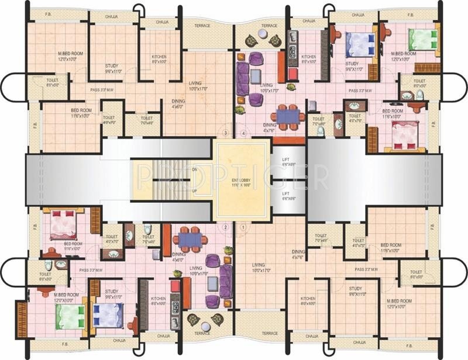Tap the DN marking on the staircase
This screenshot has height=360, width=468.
[x=194, y=169]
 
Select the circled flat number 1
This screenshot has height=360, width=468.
[x=243, y=227]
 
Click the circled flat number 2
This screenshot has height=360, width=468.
[x=225, y=227]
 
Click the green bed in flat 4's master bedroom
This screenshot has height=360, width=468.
[x=423, y=39]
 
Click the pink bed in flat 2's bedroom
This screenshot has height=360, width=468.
[x=63, y=224]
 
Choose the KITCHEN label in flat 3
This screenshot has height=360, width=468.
[x=159, y=58]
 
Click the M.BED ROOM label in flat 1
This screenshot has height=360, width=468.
[x=397, y=303]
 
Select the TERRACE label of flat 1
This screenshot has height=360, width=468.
[x=270, y=333]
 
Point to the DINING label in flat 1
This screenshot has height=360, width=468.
[x=298, y=254]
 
